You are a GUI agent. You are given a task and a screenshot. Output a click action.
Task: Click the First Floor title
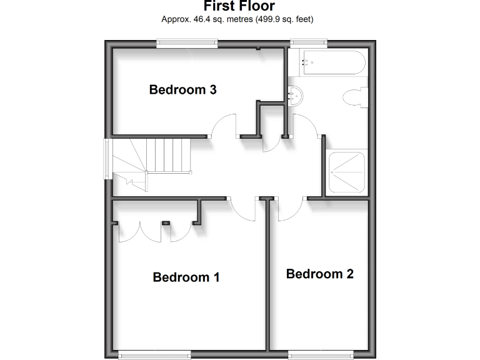point(239,6)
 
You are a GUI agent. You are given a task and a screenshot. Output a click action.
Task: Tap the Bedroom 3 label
point(182,90)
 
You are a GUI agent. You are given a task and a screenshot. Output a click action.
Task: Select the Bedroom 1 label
point(186,277)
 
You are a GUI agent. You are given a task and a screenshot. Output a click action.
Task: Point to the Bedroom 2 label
point(319,274)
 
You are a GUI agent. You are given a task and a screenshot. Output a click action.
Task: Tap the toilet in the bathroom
point(355,99)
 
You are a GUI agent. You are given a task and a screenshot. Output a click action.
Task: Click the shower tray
point(347,172)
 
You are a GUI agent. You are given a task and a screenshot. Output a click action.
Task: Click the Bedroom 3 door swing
point(224,126)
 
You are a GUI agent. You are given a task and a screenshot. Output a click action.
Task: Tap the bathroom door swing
point(305,126)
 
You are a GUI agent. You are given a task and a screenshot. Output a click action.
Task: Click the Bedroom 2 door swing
point(289,210)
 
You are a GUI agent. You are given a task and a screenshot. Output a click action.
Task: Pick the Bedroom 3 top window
point(187,43)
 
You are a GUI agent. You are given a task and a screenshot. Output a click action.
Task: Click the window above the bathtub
point(308,43)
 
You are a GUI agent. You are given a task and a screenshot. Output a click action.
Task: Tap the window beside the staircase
point(107,159)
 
